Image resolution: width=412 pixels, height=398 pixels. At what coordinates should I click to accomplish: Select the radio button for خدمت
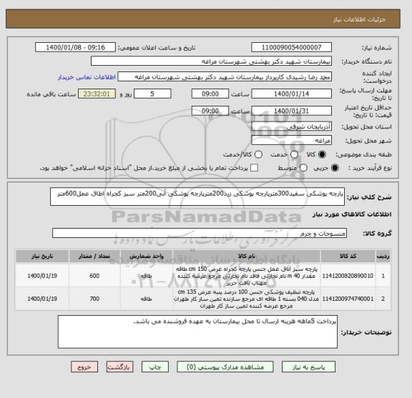[x=266, y=154]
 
